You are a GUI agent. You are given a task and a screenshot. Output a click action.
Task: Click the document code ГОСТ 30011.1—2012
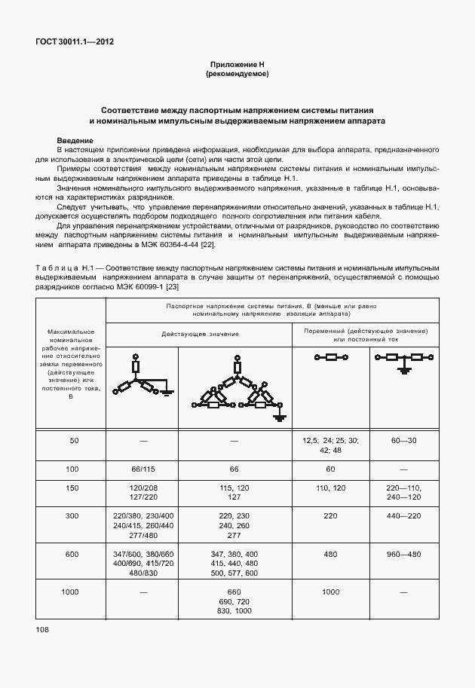pyautogui.click(x=74, y=43)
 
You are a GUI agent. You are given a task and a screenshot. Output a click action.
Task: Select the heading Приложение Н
pyautogui.click(x=237, y=66)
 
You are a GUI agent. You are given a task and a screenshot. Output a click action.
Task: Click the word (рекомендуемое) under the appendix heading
pyautogui.click(x=237, y=75)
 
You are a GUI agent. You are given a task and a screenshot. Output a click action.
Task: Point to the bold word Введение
pyautogui.click(x=75, y=141)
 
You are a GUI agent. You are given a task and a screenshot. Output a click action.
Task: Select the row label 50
pyautogui.click(x=74, y=440)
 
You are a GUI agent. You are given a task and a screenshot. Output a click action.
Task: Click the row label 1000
pyautogui.click(x=71, y=593)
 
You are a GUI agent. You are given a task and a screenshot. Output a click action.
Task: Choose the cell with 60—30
pyautogui.click(x=405, y=440)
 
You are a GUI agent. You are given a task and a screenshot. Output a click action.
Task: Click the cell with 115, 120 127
pyautogui.click(x=234, y=493)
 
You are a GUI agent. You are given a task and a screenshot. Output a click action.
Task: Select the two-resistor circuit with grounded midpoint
pyautogui.click(x=405, y=362)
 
